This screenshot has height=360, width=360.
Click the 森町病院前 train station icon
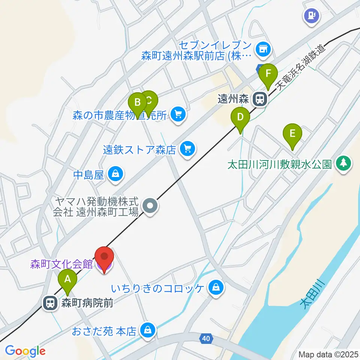(50, 302)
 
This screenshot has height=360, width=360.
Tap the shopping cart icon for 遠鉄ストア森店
(187, 149)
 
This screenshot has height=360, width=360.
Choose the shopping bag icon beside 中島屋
(115, 174)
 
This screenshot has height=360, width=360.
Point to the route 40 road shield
(205, 339)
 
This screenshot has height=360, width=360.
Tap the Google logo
(25, 351)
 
